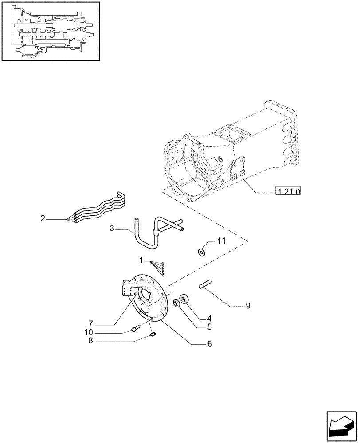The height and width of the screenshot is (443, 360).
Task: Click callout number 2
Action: pyautogui.click(x=43, y=218)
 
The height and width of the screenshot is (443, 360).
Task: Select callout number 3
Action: pyautogui.click(x=112, y=228)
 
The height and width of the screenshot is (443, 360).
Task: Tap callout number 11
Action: pyautogui.click(x=221, y=241)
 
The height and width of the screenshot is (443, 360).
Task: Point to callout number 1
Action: pyautogui.click(x=141, y=260)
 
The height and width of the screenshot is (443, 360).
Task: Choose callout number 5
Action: pyautogui.click(x=209, y=327)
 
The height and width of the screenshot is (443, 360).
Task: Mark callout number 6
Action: pyautogui.click(x=209, y=344)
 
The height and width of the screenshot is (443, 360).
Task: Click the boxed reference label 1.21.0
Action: pyautogui.click(x=288, y=191)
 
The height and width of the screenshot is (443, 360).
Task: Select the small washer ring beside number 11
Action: pyautogui.click(x=202, y=252)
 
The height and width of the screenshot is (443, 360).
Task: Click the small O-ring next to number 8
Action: pyautogui.click(x=153, y=335)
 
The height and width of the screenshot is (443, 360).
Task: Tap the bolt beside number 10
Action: pyautogui.click(x=136, y=329)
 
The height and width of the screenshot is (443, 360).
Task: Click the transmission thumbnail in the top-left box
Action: pyautogui.click(x=50, y=31)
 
